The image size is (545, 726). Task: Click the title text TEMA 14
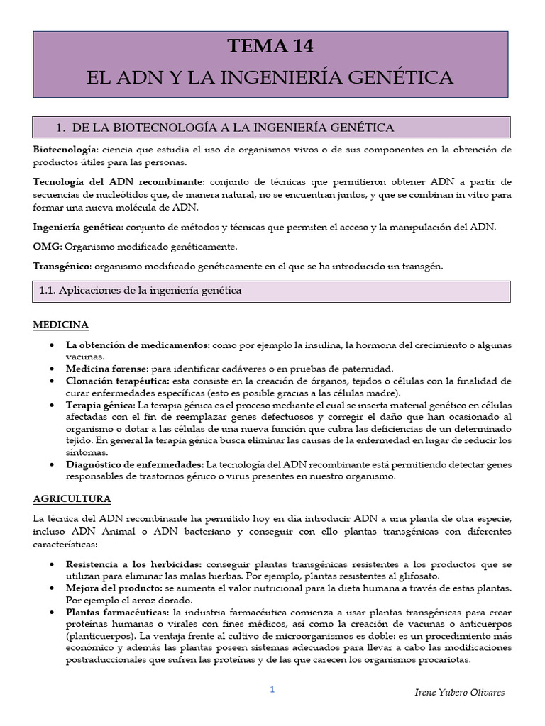pos(270,47)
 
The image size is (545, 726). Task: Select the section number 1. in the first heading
pos(61,127)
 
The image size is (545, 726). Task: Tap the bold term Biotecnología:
pos(65,150)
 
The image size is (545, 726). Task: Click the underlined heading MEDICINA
pos(61,325)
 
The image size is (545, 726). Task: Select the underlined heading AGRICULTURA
pos(72,499)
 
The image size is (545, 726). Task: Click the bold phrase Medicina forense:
pos(106,368)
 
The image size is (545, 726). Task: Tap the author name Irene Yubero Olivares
pos(458,693)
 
